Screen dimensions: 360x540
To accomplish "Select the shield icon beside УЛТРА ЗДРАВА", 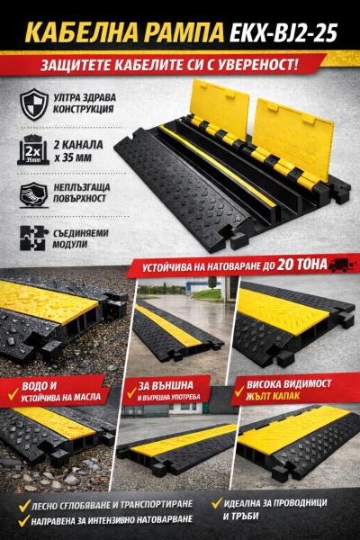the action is pyautogui.click(x=34, y=104).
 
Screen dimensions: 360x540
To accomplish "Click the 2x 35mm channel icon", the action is pyautogui.click(x=31, y=150).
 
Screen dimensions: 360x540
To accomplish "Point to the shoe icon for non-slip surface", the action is pyautogui.click(x=33, y=194).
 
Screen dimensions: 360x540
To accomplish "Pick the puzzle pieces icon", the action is pyautogui.click(x=32, y=238).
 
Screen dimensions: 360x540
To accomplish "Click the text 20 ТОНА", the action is pyautogui.click(x=301, y=265).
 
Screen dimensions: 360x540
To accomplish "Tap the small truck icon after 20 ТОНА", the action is pyautogui.click(x=341, y=265).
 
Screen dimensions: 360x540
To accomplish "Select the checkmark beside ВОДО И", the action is pyautogui.click(x=13, y=394).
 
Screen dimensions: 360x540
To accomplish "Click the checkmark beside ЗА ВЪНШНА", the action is pyautogui.click(x=131, y=392).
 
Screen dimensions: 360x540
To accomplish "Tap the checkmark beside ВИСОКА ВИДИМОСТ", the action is pyautogui.click(x=238, y=391).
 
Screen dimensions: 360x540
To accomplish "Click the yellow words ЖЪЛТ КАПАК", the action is pyautogui.click(x=273, y=396).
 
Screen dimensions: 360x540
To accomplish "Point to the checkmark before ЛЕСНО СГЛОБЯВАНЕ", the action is pyautogui.click(x=24, y=505).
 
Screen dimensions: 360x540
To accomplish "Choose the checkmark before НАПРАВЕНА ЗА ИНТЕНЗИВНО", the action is pyautogui.click(x=24, y=520).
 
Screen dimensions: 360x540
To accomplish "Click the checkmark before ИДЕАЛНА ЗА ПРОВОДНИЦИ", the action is pyautogui.click(x=217, y=503).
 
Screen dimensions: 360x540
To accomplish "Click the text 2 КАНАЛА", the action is pyautogui.click(x=78, y=145).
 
